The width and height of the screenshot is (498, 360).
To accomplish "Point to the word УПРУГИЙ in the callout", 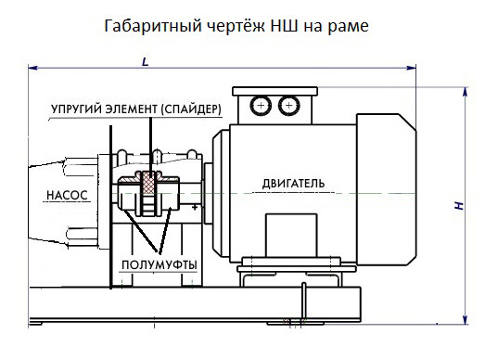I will coord(75,109).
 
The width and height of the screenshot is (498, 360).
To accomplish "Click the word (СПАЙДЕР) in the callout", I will coord(190,109).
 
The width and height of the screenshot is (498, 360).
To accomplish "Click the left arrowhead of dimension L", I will coord(32,68).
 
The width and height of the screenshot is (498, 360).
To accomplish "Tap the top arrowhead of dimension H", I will coord(466,89).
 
